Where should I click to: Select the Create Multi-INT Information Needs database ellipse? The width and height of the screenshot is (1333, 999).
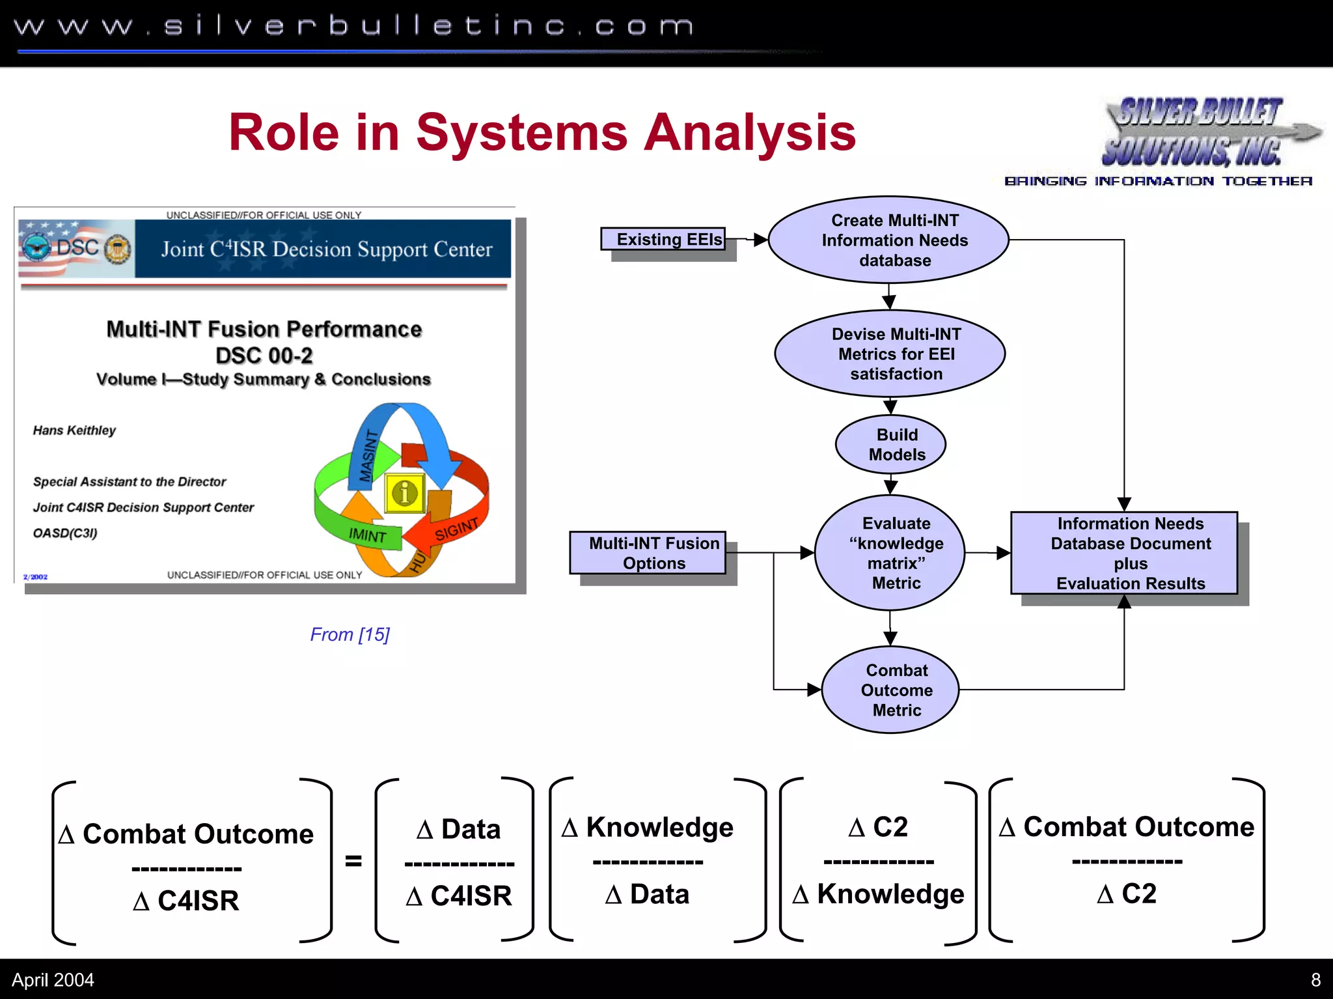[x=888, y=240]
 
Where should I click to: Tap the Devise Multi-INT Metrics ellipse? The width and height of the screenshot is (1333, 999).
[x=890, y=354]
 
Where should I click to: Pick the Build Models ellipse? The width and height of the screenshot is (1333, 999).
[x=890, y=445]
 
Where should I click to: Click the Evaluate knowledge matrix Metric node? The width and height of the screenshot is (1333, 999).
[x=890, y=553]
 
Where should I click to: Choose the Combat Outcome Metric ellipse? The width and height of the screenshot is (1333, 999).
[x=890, y=690]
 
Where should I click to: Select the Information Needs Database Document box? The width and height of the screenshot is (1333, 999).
[x=1124, y=553]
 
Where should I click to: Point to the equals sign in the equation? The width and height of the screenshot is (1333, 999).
[x=353, y=861]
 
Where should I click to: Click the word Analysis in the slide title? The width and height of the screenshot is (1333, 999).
[x=749, y=133]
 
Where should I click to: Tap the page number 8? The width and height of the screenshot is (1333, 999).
[x=1315, y=979]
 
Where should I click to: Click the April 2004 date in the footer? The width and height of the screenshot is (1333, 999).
[x=53, y=979]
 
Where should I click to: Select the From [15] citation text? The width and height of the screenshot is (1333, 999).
[x=350, y=634]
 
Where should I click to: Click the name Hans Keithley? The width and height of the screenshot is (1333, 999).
[x=74, y=430]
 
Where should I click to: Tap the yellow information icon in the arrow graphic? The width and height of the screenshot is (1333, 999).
[x=405, y=493]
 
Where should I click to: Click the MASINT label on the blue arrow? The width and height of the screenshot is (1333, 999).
[x=369, y=456]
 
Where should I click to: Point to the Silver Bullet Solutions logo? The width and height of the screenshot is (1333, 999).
[x=1198, y=134]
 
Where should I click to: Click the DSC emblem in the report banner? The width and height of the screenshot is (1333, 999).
[x=77, y=248]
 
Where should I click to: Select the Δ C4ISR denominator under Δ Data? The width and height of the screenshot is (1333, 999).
[x=460, y=896]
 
